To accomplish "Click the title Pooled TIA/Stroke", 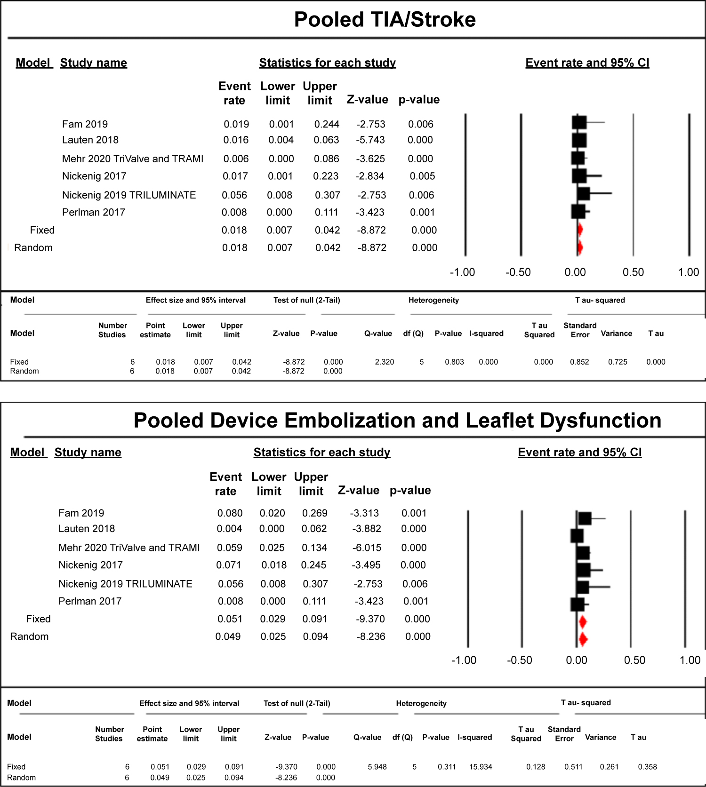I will [385, 20].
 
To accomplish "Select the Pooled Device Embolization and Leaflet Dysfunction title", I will [397, 421].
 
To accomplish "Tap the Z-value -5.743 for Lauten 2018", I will [371, 140].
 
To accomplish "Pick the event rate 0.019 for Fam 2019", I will [236, 124].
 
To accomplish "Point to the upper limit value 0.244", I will [327, 124].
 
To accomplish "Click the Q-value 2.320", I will [385, 362].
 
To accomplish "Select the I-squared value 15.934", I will [481, 767].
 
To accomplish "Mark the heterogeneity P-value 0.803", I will [454, 362].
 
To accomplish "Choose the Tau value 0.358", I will [647, 767].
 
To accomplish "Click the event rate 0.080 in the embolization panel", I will [230, 513].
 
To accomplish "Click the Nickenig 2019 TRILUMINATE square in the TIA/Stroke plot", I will [584, 193].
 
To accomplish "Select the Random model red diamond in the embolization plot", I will [583, 639].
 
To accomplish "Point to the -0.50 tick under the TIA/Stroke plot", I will [518, 272].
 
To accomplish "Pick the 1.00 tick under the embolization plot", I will [690, 660].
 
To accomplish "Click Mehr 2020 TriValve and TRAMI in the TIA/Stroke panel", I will [133, 159].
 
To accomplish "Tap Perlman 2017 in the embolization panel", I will [90, 601].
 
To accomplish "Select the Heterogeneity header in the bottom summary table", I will [421, 703].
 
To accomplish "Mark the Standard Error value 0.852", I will [579, 362].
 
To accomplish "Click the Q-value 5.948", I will [377, 767].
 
